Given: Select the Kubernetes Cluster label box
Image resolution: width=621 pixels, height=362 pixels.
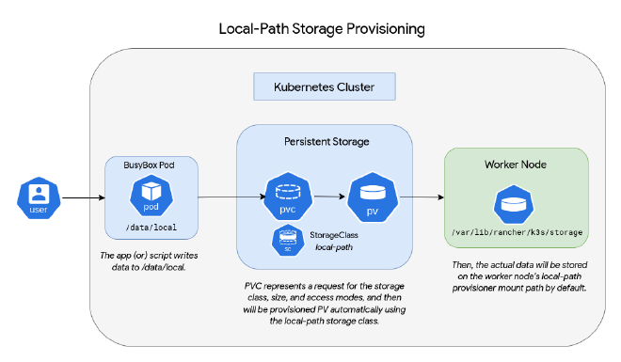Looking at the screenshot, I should coord(324,87).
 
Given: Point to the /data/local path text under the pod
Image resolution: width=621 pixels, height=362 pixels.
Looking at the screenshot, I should coord(151,228).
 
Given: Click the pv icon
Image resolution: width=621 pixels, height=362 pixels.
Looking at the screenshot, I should coord(371,198).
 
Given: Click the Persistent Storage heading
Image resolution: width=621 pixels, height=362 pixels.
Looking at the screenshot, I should coord(324,142).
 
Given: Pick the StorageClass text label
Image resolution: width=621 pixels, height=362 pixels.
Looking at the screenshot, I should coord(334,234).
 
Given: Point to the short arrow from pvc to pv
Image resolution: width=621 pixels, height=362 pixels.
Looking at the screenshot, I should coord(327,197).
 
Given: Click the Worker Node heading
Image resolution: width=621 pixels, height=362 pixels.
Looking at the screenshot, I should coord(517,165).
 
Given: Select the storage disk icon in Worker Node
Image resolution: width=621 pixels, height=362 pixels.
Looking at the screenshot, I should coord(517,202).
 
